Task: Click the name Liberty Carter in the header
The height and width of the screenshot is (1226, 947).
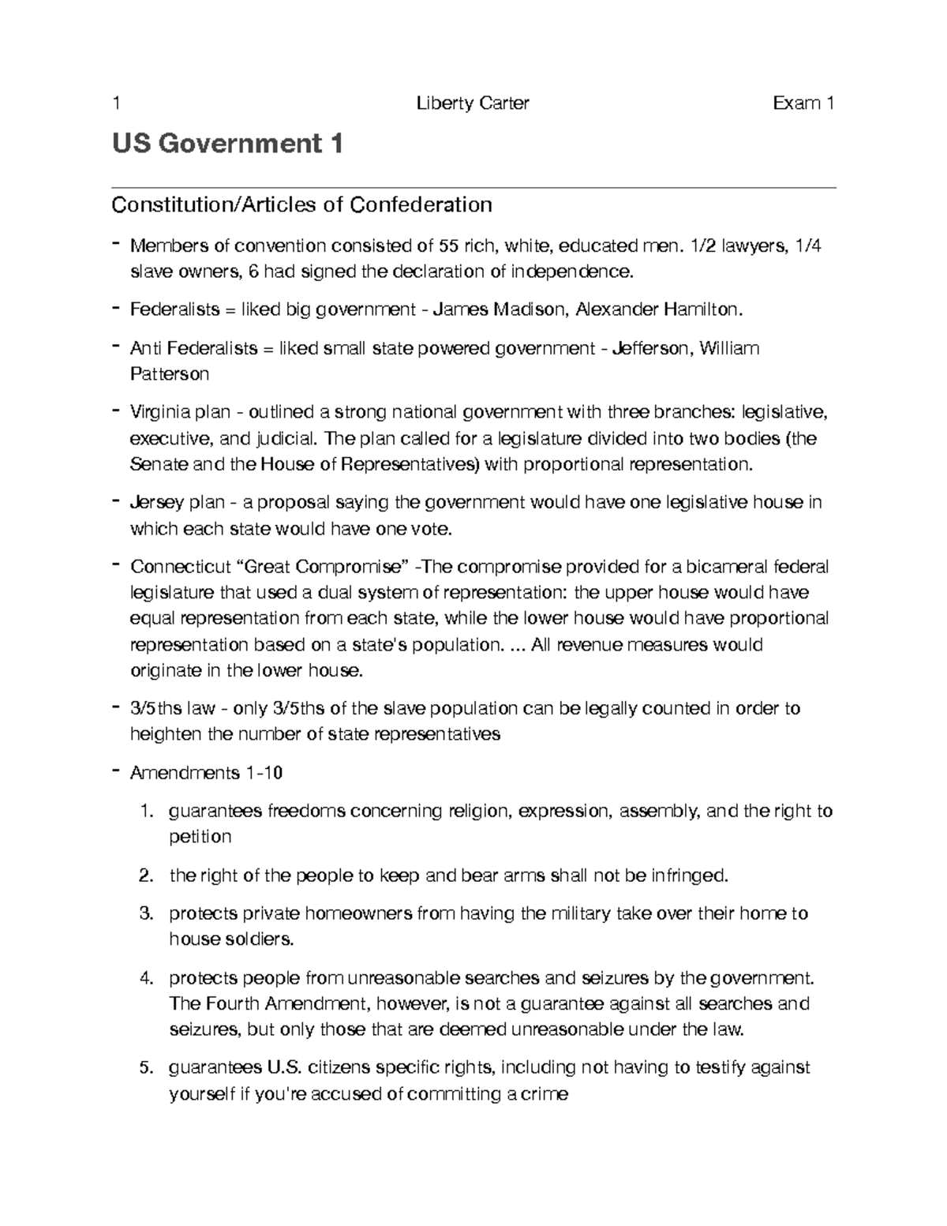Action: click(473, 103)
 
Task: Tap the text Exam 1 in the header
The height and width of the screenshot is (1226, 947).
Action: click(803, 103)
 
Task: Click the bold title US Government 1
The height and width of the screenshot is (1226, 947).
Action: click(227, 144)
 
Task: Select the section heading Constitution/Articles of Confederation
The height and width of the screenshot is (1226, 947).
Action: click(301, 205)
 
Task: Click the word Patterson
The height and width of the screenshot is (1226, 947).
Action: click(170, 373)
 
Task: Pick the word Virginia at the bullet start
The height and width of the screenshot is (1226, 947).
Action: click(158, 412)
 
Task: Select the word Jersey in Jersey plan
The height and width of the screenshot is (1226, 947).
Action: click(157, 502)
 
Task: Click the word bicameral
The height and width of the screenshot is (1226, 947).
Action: click(728, 567)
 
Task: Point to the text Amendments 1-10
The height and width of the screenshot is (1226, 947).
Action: click(206, 773)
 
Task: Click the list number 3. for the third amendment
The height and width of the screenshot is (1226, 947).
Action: click(145, 914)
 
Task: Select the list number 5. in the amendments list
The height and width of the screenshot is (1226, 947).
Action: click(145, 1068)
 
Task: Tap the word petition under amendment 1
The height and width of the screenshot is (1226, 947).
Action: click(200, 837)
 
